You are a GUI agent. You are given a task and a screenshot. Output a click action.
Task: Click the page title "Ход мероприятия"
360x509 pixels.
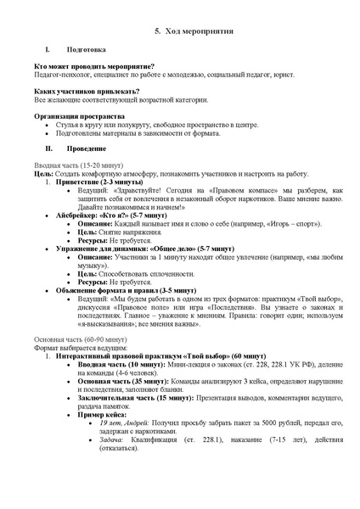[x=188, y=31]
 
